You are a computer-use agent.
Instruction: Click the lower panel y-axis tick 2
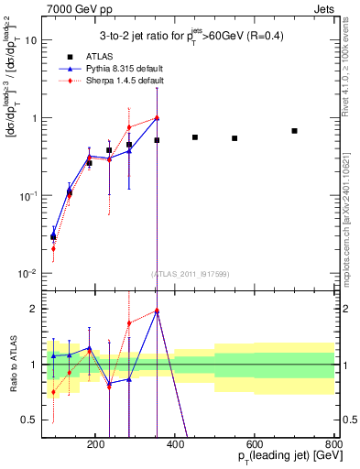pyautogui.click(x=34, y=309)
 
